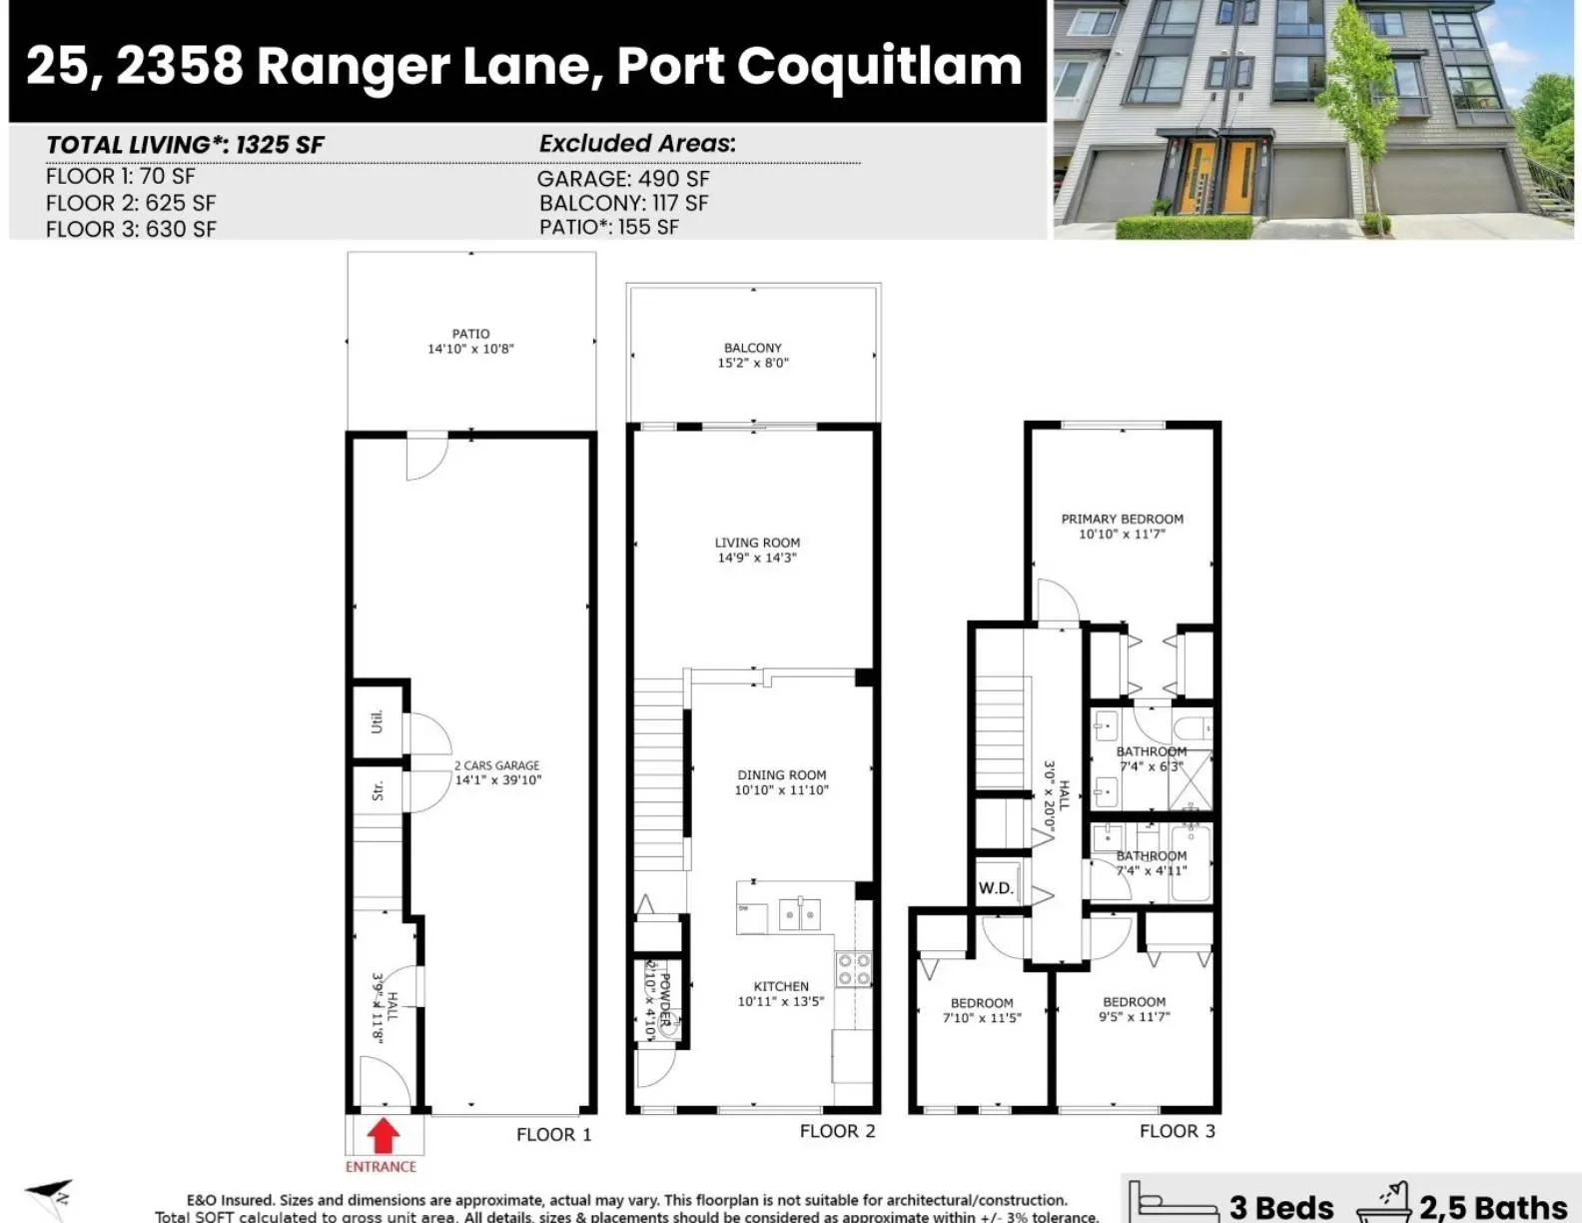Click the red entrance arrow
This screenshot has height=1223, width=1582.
pos(384,1137)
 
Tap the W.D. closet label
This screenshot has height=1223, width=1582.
pos(996,887)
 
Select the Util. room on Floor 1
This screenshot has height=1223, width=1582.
pos(378,721)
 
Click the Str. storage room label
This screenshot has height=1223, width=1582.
pos(378,790)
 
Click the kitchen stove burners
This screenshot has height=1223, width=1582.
pos(854,968)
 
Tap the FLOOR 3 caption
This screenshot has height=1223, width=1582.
pos(1178,1131)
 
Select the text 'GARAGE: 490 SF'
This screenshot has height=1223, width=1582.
pos(623,179)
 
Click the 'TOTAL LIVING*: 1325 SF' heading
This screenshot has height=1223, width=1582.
pos(185,145)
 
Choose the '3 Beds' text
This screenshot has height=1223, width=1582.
pos(1281,1206)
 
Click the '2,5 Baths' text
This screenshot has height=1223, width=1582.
pos(1492,1206)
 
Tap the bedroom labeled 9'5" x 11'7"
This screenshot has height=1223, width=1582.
pos(1134,1009)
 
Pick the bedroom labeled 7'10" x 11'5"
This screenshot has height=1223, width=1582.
pos(982,1010)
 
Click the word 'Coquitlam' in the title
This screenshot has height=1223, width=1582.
pos(880,66)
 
